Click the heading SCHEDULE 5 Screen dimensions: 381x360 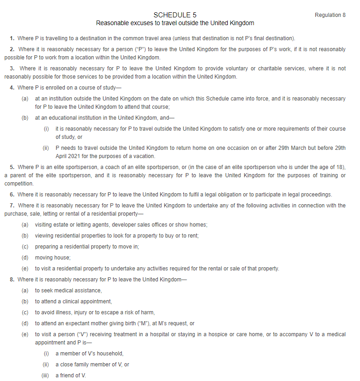click(x=175, y=15)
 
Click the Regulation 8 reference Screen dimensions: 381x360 click(x=330, y=15)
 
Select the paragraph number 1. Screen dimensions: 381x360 click(x=12, y=37)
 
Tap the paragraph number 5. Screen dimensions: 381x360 click(x=12, y=167)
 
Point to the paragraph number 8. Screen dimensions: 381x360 click(x=12, y=280)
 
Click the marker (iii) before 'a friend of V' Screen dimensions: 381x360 click(x=45, y=376)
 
